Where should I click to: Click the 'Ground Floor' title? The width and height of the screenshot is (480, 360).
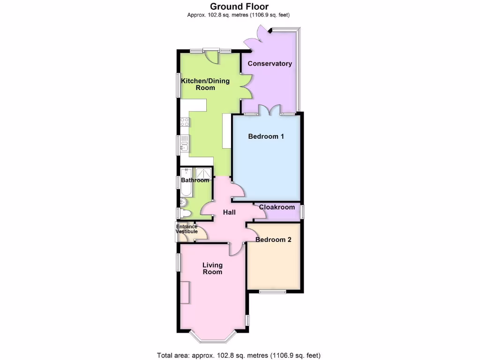pyautogui.click(x=239, y=6)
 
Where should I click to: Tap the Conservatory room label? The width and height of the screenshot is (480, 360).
pyautogui.click(x=270, y=64)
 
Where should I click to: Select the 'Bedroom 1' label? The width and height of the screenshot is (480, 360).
pyautogui.click(x=266, y=136)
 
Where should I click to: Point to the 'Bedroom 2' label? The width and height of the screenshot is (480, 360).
pyautogui.click(x=273, y=240)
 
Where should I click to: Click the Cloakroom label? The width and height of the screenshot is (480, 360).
pyautogui.click(x=277, y=207)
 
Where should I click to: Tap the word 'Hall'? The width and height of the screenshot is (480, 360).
pyautogui.click(x=229, y=212)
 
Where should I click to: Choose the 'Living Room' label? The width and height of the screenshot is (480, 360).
pyautogui.click(x=212, y=268)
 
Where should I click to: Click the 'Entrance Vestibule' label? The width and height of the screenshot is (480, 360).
pyautogui.click(x=187, y=229)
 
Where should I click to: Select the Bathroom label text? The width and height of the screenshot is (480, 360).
pyautogui.click(x=195, y=180)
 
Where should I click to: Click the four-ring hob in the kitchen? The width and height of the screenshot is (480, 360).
pyautogui.click(x=184, y=122)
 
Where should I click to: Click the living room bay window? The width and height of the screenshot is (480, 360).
pyautogui.click(x=213, y=338)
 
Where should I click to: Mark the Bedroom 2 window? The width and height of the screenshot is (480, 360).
pyautogui.click(x=273, y=292)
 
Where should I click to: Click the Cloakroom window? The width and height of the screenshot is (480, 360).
pyautogui.click(x=302, y=211)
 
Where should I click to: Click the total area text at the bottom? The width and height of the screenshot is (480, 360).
pyautogui.click(x=239, y=355)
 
